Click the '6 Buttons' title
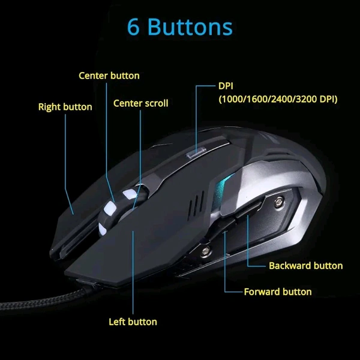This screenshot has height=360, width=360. click(180, 28)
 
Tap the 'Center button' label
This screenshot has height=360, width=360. click(109, 76)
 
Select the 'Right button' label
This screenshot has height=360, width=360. click(65, 107)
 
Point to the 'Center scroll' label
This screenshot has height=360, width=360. click(140, 103)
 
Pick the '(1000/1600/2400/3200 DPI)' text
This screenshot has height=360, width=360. click(278, 98)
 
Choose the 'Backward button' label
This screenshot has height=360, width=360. click(305, 265)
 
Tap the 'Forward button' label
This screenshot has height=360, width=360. click(278, 292)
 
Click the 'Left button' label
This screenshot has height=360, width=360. click(133, 322)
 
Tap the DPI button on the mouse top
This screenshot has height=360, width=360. click(194, 153)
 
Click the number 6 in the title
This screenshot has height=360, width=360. click(134, 28)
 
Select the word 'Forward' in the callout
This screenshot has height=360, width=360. click(262, 292)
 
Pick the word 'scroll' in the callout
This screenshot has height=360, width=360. click(157, 103)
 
